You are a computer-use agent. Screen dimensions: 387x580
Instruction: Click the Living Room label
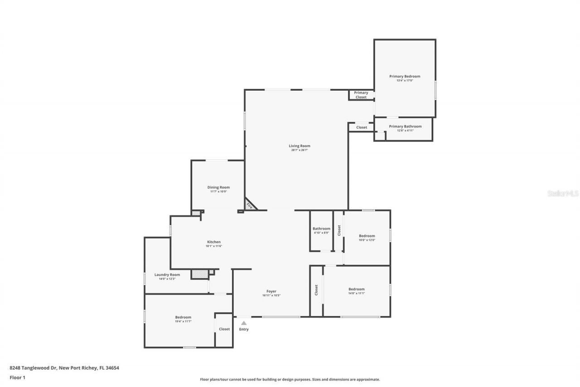(x=300, y=146)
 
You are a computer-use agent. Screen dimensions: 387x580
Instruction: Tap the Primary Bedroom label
(x=405, y=76)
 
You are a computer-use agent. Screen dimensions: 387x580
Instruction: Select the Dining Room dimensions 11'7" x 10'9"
(x=218, y=191)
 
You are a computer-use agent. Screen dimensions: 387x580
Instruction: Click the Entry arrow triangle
(x=244, y=323)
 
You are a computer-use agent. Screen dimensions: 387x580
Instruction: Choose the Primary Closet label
(x=361, y=95)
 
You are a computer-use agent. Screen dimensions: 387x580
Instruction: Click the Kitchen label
(x=214, y=242)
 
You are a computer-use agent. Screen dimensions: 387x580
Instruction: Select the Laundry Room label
(x=167, y=274)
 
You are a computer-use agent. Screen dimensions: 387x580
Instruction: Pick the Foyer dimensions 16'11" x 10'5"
(x=271, y=295)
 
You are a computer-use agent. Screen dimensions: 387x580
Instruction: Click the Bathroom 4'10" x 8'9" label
(x=321, y=229)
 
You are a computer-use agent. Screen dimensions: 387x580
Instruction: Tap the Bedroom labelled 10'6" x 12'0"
(x=367, y=235)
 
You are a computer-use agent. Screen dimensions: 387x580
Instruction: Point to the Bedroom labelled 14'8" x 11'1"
(x=356, y=289)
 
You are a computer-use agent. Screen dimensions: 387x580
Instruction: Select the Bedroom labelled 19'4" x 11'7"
(x=183, y=317)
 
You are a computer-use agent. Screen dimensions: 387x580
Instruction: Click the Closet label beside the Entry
(x=224, y=329)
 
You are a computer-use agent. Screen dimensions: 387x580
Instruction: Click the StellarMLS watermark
(x=563, y=193)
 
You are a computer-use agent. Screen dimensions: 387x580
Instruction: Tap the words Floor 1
(x=18, y=377)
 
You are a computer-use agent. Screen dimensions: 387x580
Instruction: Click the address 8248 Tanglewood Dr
(x=33, y=368)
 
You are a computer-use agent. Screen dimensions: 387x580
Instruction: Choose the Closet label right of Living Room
(x=362, y=127)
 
